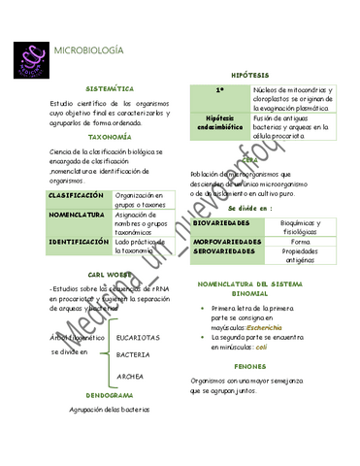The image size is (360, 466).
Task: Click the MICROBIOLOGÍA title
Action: [x=88, y=50]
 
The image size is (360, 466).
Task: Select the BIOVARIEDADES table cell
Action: [x=227, y=222]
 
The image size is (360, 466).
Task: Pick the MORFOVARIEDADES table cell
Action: [x=228, y=241]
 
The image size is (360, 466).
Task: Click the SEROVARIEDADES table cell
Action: [x=228, y=250]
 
